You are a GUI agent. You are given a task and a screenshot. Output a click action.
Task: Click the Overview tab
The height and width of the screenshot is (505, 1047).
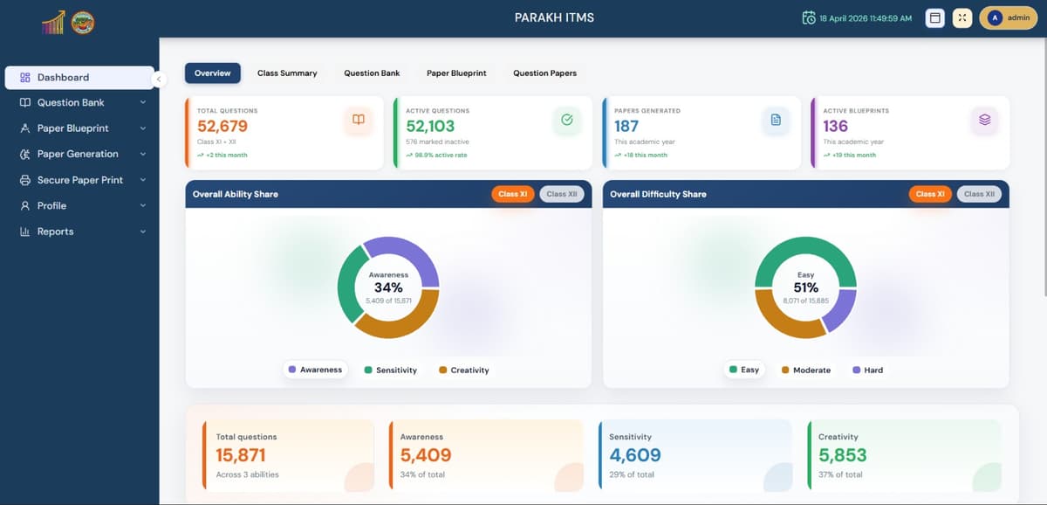point(212,73)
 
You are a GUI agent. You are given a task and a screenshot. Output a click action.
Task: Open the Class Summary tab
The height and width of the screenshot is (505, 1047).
point(287,73)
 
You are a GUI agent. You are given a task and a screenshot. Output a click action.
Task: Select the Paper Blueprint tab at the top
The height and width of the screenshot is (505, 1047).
point(456,73)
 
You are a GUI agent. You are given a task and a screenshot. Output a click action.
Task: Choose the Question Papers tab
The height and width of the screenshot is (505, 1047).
point(544,73)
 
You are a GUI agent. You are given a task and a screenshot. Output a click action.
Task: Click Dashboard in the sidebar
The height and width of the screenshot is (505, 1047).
point(63,78)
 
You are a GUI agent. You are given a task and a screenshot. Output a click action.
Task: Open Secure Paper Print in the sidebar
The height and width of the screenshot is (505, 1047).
point(79,180)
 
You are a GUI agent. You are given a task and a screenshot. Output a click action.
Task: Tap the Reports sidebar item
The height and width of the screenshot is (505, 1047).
point(55,232)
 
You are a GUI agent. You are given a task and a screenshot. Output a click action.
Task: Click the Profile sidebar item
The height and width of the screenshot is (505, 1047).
point(51,206)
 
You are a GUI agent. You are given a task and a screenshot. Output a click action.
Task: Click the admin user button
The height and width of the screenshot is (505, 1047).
point(1008,17)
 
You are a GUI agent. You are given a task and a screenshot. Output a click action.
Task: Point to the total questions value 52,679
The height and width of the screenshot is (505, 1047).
point(222,126)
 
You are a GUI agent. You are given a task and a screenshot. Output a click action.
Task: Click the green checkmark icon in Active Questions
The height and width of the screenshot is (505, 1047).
point(566,120)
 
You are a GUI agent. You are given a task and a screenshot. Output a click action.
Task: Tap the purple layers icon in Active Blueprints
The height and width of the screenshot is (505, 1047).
point(984,120)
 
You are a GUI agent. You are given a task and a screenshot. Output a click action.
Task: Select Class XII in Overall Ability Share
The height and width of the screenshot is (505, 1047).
point(562,194)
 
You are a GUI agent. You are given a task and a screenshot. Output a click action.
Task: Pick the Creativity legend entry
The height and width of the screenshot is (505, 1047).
point(463,370)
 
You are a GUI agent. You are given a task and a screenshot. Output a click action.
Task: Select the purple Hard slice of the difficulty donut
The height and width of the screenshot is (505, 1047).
point(841,310)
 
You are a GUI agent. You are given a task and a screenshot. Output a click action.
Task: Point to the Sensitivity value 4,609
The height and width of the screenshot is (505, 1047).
point(634,455)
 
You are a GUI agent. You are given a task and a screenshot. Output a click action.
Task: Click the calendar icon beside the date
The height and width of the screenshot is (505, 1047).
point(809,18)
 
